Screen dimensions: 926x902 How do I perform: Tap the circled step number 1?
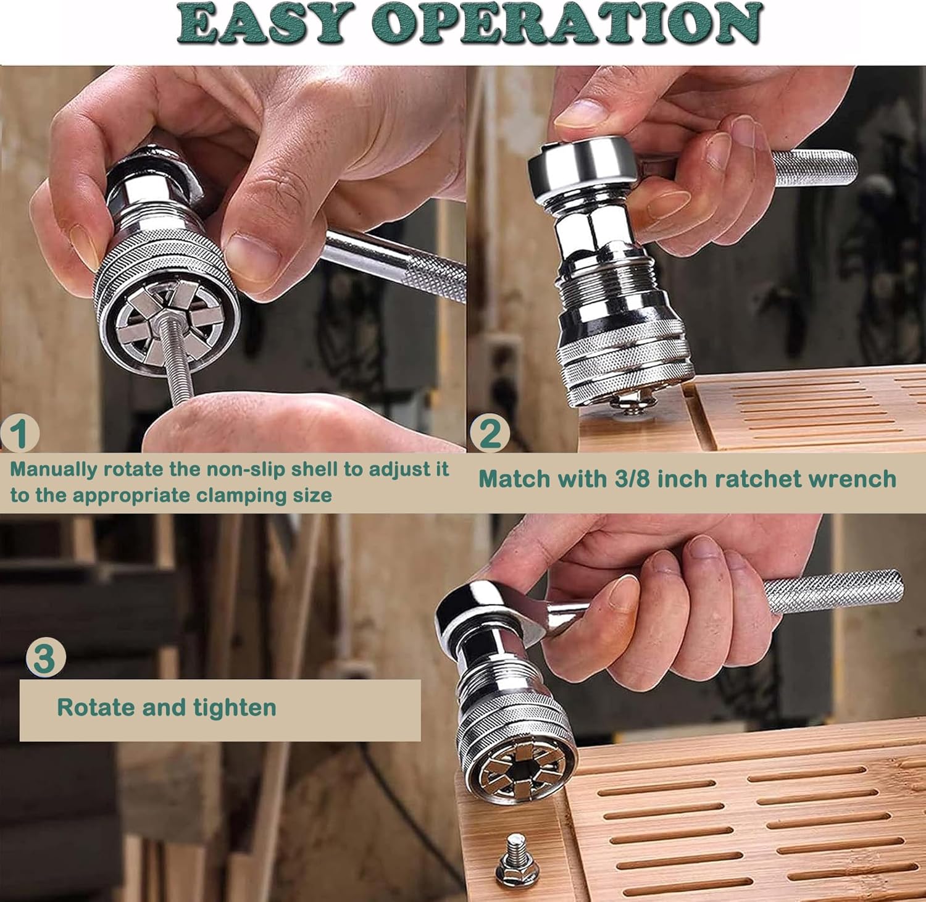[21, 433]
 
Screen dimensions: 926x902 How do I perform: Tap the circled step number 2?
[490, 433]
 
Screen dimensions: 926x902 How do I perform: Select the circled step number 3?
[44, 659]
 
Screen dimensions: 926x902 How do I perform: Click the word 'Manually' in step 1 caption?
[54, 470]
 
